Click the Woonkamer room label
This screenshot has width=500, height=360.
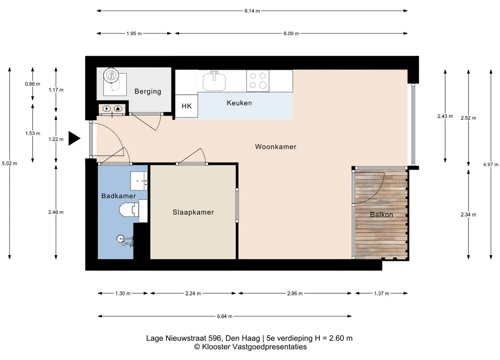[276, 147]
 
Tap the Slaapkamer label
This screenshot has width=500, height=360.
[193, 212]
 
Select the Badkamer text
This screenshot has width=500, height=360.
[119, 196]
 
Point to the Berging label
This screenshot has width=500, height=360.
[148, 92]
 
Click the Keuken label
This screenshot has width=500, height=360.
[239, 103]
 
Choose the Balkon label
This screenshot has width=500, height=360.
[381, 215]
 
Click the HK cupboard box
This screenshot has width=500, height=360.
[186, 106]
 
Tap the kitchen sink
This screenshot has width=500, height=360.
[214, 81]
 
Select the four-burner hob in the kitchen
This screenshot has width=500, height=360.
[258, 81]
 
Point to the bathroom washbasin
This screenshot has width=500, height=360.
[139, 181]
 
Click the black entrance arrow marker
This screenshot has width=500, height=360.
[74, 139]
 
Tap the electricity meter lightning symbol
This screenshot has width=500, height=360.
[107, 109]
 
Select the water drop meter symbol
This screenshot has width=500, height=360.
[118, 109]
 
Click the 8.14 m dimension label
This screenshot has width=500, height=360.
[252, 11]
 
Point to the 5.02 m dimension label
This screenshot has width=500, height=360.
[10, 164]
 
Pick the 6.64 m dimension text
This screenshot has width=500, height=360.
[224, 316]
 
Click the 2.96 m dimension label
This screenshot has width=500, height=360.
[295, 293]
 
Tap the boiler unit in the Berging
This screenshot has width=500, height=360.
[111, 76]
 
